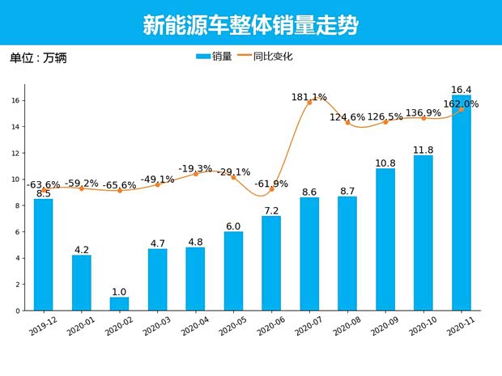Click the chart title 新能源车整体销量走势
[250, 24]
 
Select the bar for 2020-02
[119, 304]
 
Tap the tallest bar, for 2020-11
[462, 202]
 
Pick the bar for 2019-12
[44, 255]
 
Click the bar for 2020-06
[271, 263]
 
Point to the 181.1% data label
[309, 97]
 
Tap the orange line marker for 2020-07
[309, 103]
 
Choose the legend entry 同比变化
[264, 57]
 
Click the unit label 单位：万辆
[38, 57]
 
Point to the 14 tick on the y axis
[16, 127]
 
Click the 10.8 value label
[385, 163]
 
